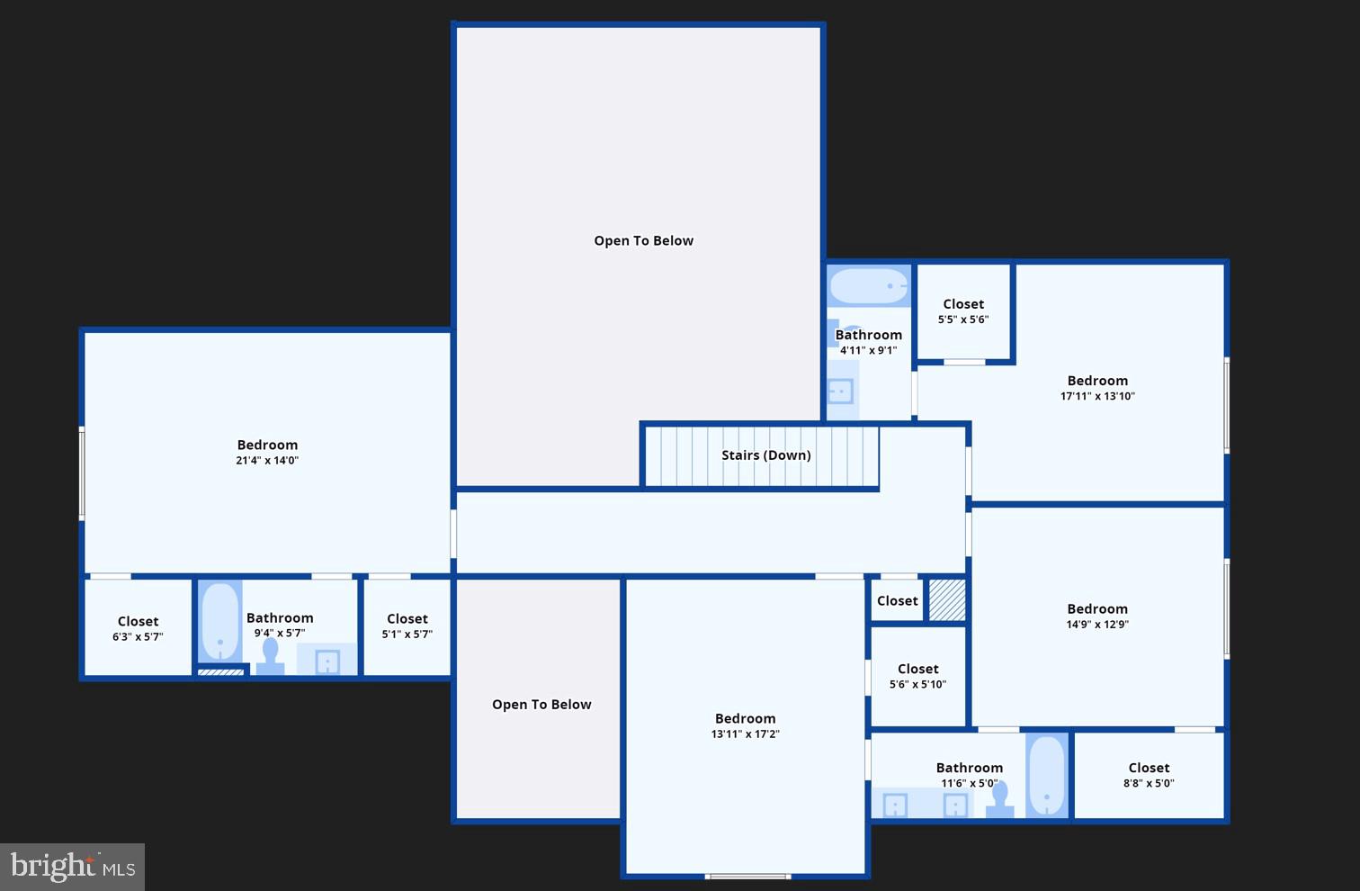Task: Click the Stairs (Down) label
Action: pos(765,455)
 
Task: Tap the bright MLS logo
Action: pos(72,867)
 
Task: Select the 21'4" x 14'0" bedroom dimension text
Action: pos(267,461)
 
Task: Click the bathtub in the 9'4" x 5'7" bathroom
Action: pos(219,622)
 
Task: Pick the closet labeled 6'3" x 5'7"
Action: pos(138,628)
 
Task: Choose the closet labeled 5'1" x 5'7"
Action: pos(407,626)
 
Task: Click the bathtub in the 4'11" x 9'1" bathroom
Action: pos(869,286)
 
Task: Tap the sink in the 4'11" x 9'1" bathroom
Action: pos(840,391)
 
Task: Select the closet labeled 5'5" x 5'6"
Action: pos(963,311)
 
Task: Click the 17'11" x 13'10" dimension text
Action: pos(1097,396)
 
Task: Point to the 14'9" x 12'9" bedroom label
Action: pos(1097,609)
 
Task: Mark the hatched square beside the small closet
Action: pos(946,600)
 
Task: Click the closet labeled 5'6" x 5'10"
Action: pos(917,676)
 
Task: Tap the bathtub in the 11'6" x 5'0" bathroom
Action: pos(1046,775)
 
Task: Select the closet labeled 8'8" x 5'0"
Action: pos(1149,775)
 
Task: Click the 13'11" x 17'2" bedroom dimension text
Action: pos(745,734)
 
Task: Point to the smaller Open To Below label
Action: pos(541,705)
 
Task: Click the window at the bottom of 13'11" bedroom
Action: pos(747,876)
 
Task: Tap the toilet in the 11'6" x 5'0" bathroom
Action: pos(1000,799)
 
